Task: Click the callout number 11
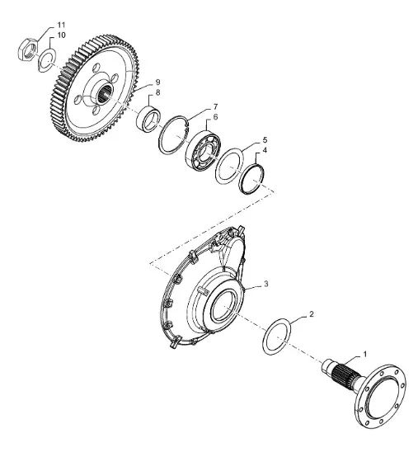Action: point(61,25)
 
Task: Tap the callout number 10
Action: point(61,35)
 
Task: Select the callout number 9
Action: point(157,82)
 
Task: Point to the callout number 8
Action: point(157,93)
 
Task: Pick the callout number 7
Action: point(215,107)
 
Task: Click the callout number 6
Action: point(215,117)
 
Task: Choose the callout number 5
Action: point(265,140)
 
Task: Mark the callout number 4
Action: point(265,150)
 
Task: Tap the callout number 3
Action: point(266,284)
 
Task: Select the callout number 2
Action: point(311,314)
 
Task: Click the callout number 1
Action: point(365,354)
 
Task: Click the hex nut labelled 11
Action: point(28,49)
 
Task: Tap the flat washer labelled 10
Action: point(47,60)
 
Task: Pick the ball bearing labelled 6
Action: point(203,149)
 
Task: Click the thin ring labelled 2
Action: point(277,337)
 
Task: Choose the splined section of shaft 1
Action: point(345,374)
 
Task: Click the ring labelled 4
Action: point(251,179)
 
